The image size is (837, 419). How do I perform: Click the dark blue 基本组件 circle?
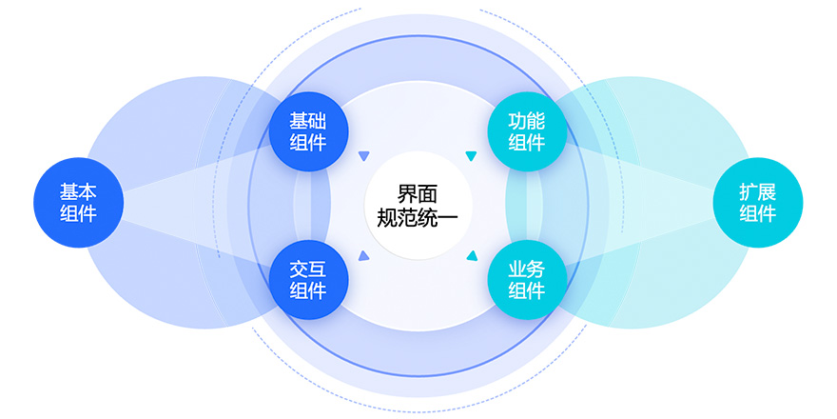78,202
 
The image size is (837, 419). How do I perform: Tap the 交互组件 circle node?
307,279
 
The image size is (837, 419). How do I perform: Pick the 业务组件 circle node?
526,279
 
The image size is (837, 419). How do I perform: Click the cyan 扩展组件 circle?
757,202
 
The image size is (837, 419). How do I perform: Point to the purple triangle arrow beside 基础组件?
362,156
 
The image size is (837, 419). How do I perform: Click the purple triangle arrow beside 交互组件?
362,254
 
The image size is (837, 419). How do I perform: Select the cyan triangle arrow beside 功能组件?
470,156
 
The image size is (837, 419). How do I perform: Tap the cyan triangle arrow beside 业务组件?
470,254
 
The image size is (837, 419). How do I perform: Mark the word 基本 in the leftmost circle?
78,191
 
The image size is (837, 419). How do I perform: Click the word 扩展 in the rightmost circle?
757,191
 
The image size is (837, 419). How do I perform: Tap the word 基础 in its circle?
307,121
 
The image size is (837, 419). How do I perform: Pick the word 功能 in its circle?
526,121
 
